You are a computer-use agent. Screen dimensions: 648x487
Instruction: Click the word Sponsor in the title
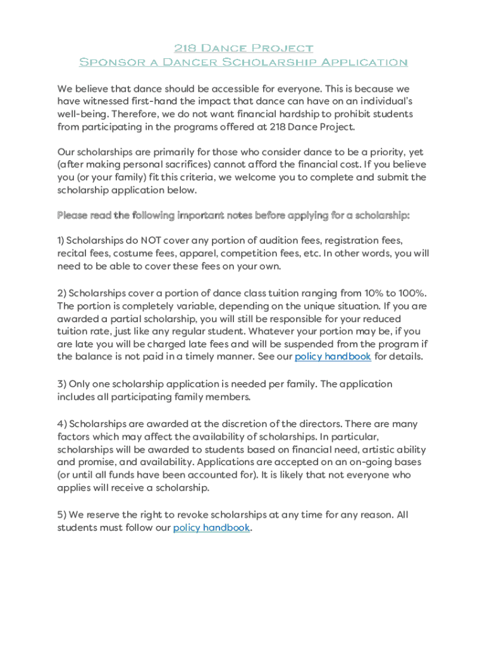point(104,62)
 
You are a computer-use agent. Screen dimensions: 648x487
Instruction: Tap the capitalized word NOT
point(154,241)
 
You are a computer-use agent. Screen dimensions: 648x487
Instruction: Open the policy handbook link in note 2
point(333,356)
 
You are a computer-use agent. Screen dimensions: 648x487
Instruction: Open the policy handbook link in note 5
point(211,528)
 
